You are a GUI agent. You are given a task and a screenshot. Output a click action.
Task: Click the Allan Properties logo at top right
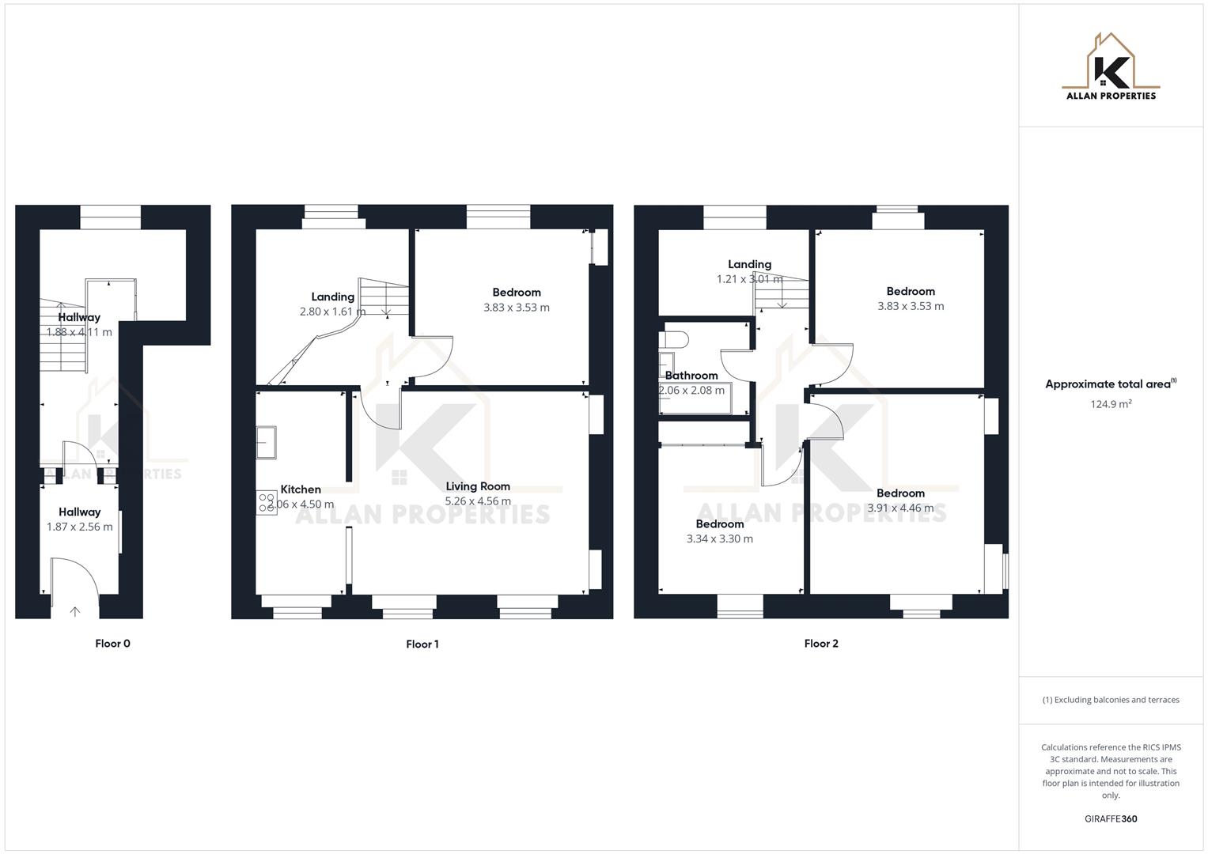tap(1111, 67)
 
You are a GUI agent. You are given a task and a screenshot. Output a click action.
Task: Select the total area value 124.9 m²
tap(1111, 404)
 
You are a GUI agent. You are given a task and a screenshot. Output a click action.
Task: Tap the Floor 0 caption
tap(112, 644)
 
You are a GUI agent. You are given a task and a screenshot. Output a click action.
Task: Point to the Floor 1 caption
tap(422, 644)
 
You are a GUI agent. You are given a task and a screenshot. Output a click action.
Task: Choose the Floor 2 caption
tap(821, 644)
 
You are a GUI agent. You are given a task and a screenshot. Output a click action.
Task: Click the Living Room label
tap(478, 486)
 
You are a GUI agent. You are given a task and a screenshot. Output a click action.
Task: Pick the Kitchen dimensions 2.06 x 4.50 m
tap(301, 504)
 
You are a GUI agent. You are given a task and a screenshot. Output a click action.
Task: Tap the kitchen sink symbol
tap(267, 443)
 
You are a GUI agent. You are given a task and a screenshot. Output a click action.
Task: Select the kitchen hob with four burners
tap(267, 503)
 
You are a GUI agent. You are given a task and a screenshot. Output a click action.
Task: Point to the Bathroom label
tap(691, 376)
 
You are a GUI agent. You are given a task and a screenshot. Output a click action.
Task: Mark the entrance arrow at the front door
tap(75, 611)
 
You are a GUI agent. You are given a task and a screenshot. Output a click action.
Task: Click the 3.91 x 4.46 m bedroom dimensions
tap(900, 508)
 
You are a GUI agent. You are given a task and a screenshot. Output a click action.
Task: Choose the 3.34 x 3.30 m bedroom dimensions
tap(720, 539)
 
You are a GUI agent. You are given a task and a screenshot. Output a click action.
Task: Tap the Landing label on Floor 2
tap(749, 264)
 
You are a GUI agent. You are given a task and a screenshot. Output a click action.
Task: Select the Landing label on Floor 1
tap(332, 297)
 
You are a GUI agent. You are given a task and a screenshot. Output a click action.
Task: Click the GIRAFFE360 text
tap(1111, 819)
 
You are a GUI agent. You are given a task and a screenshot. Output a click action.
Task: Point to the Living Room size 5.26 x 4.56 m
tap(478, 501)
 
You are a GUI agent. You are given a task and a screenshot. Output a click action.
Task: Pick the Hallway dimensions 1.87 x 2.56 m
tap(79, 527)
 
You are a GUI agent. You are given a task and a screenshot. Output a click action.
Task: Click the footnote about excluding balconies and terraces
tap(1111, 700)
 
